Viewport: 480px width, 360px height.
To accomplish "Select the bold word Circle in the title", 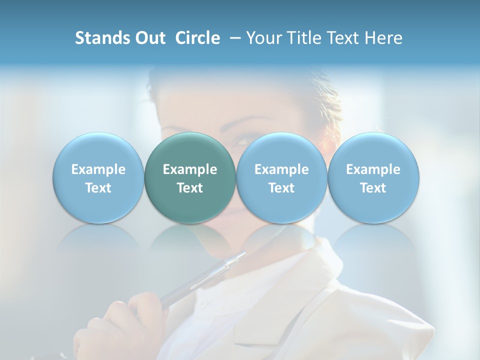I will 197,38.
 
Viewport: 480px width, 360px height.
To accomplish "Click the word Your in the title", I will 262,38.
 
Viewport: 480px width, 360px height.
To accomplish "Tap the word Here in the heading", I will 383,38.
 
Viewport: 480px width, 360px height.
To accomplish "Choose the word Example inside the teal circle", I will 190,169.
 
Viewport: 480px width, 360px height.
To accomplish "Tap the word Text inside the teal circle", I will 190,188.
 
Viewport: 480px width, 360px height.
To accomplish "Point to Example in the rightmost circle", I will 373,169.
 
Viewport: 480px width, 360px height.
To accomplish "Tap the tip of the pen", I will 243,254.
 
